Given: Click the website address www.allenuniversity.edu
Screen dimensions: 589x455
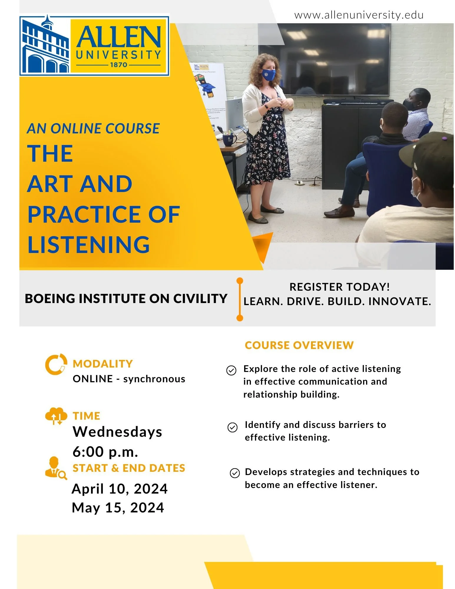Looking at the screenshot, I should [x=359, y=15].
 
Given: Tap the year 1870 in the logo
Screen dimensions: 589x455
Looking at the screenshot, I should [x=118, y=65].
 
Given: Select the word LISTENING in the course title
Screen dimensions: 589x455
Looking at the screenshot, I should [x=89, y=244].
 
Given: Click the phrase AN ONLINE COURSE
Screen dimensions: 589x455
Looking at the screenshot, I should [x=93, y=129].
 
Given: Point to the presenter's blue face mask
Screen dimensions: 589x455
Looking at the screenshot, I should [x=268, y=75].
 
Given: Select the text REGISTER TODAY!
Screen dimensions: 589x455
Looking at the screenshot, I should [x=340, y=287].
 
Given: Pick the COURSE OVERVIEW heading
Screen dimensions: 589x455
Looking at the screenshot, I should [x=299, y=345].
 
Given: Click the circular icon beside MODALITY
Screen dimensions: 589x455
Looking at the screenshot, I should [x=56, y=364].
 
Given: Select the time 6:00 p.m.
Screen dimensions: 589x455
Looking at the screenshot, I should [x=105, y=451].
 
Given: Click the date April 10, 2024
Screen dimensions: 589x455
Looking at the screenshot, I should [x=120, y=489].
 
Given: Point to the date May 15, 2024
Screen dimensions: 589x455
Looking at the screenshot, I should [x=118, y=508].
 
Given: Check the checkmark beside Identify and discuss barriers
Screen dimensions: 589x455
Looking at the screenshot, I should [x=232, y=427].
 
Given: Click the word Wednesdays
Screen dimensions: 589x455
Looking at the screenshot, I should [x=117, y=432].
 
